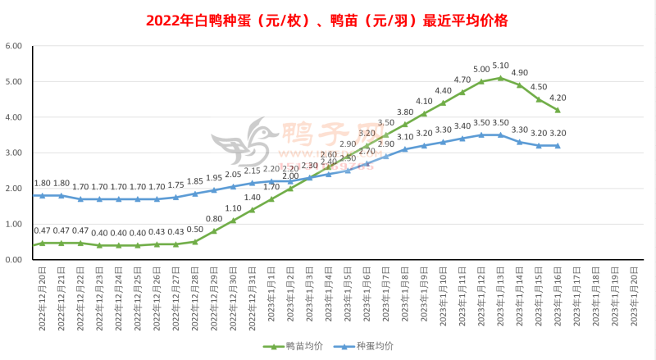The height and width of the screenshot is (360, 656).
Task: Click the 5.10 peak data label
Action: tap(500, 66)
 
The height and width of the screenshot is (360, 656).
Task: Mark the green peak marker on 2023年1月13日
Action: tap(500, 78)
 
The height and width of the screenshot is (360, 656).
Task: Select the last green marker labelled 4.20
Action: tap(558, 110)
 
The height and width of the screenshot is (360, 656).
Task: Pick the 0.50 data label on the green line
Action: tap(195, 230)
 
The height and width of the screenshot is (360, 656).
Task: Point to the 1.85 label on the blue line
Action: tap(195, 181)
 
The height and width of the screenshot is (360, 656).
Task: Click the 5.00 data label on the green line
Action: tap(481, 69)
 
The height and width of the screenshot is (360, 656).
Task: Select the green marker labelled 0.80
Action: tap(214, 231)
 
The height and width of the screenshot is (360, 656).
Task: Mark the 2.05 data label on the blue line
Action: tap(234, 174)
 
